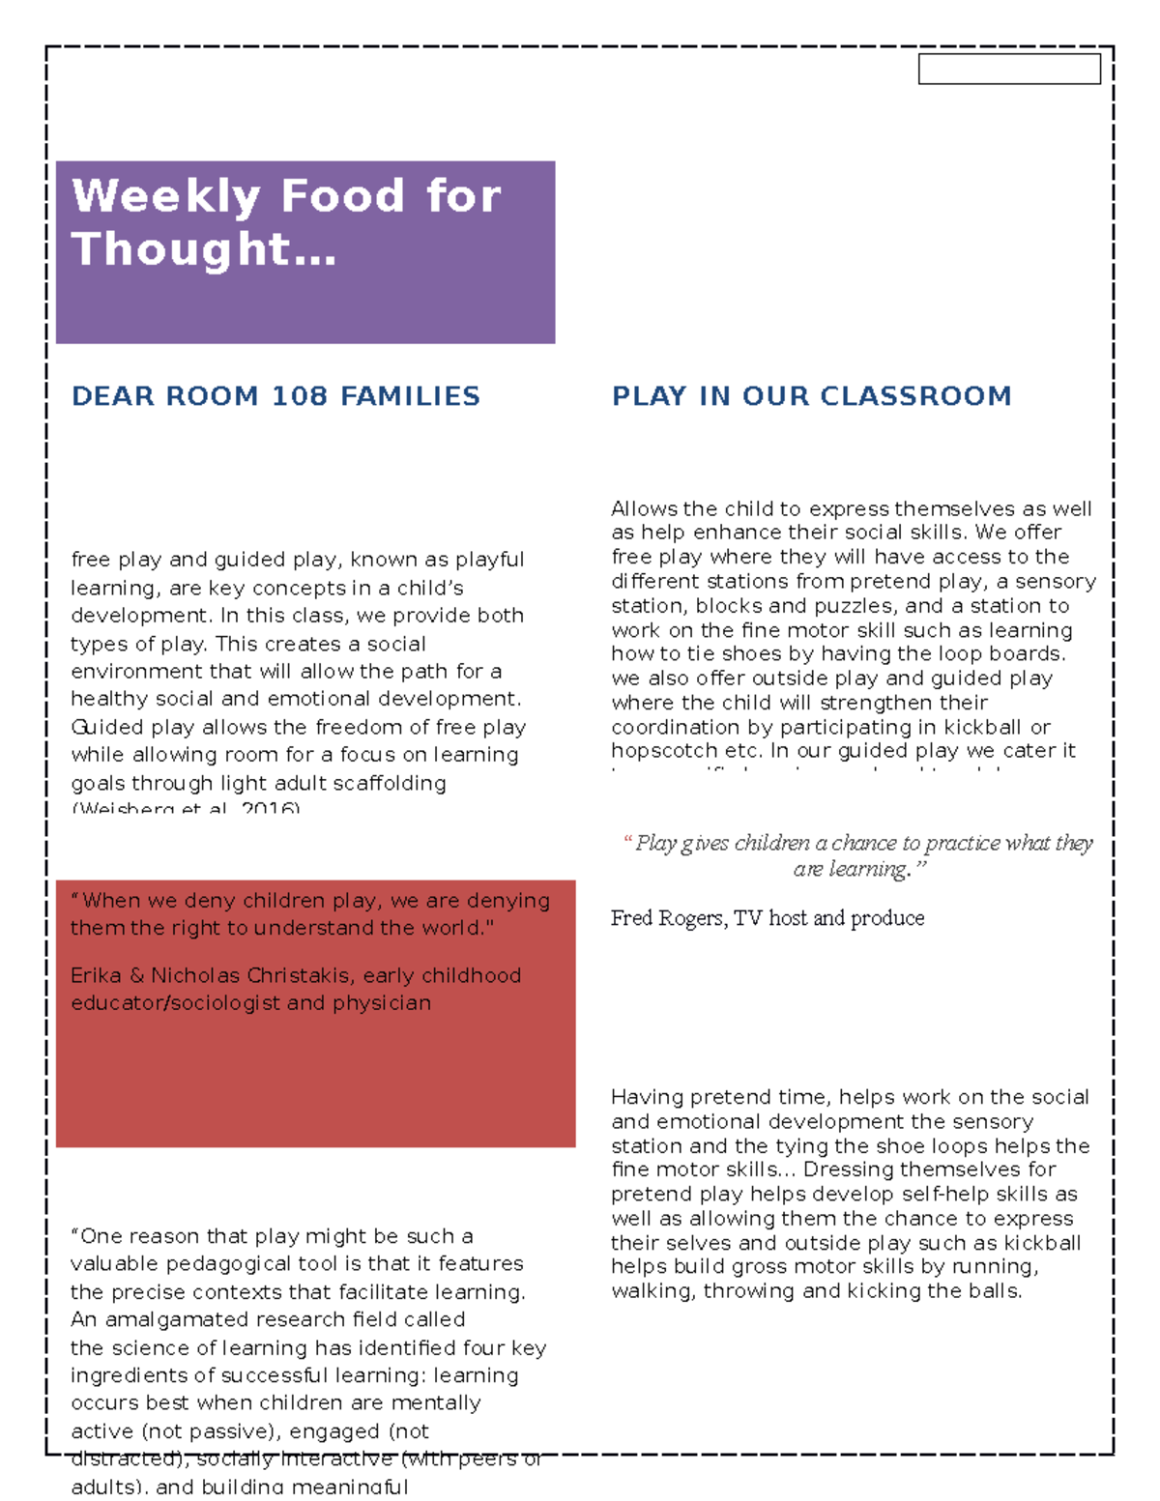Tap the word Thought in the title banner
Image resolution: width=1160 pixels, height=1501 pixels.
(180, 249)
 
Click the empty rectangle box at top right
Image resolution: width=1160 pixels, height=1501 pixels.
(1008, 70)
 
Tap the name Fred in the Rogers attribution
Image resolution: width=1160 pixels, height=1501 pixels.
(631, 918)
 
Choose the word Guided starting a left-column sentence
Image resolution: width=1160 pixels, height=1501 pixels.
(107, 727)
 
